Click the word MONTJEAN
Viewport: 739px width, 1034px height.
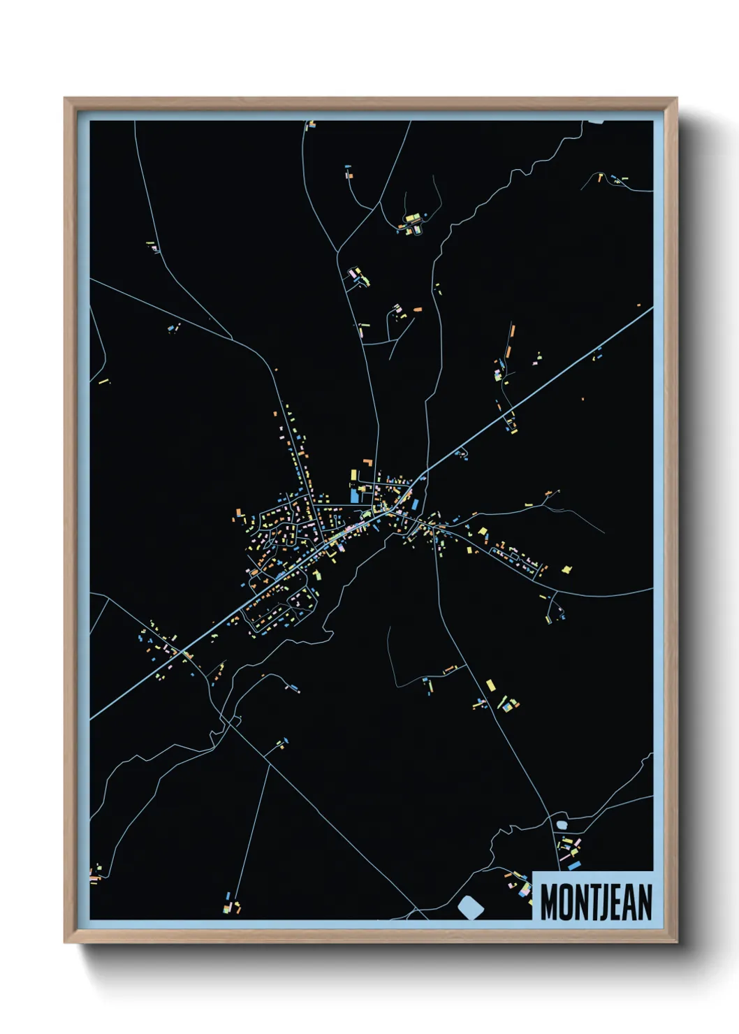click(x=596, y=902)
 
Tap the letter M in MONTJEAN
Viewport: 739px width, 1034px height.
click(x=549, y=902)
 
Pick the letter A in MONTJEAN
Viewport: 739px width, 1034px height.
click(x=628, y=902)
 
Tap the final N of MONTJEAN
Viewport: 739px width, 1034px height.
click(x=644, y=902)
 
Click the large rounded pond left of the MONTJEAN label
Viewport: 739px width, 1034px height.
click(x=471, y=908)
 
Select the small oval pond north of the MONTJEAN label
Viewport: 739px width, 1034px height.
click(x=562, y=825)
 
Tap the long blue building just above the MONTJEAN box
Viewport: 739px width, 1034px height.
click(x=574, y=866)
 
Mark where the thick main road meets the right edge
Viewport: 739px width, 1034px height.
click(x=652, y=307)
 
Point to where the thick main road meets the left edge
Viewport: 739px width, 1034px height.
click(x=92, y=717)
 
